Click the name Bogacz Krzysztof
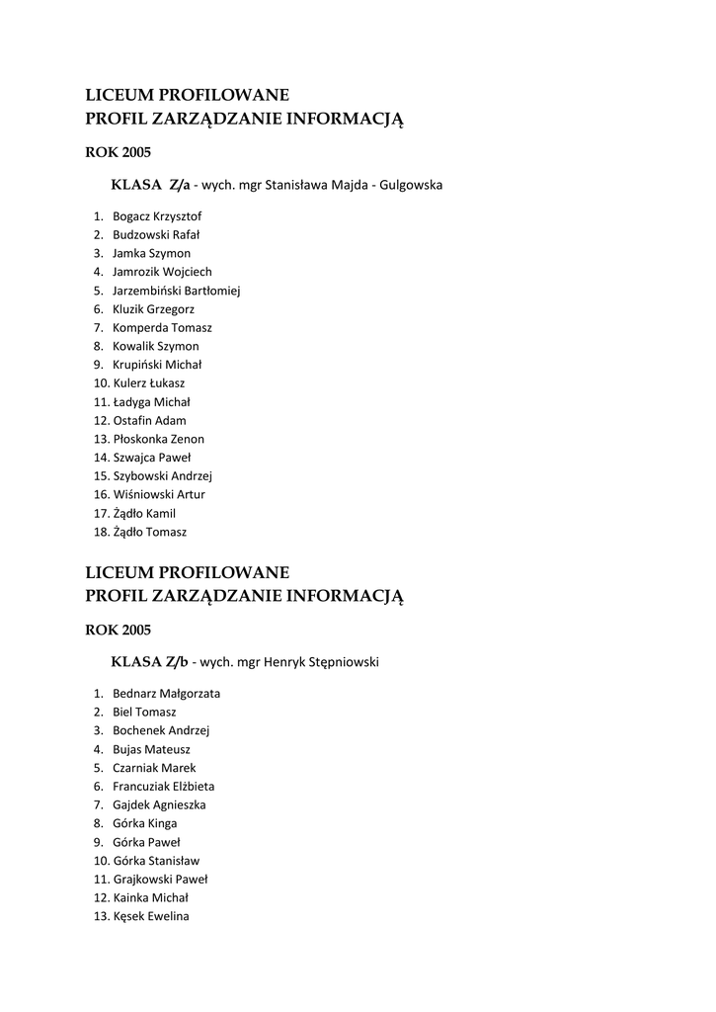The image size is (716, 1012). point(157,216)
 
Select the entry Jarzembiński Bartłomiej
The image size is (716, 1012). point(176,291)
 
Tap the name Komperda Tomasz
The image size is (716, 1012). point(162,328)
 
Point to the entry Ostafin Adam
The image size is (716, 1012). point(149,420)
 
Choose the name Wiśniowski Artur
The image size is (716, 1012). point(159,494)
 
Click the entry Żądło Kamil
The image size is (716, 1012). point(144,513)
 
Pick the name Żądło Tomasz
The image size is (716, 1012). point(149,532)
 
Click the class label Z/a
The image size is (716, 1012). point(179,185)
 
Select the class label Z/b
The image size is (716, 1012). point(179,661)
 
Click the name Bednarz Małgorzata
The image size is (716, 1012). point(166,694)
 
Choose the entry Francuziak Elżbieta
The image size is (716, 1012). point(163,787)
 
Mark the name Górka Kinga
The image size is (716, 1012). point(145,823)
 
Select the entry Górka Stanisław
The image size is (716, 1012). point(156,861)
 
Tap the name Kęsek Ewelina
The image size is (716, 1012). point(151,916)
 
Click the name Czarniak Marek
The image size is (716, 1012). point(154,768)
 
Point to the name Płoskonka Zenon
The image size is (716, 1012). point(159,439)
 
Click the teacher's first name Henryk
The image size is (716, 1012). point(285,662)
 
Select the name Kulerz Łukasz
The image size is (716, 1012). point(148,383)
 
